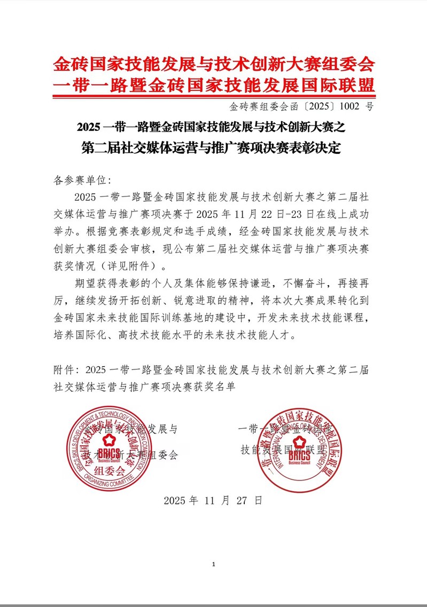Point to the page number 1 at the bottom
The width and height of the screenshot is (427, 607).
tap(213, 564)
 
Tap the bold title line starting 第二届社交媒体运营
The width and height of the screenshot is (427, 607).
tap(213, 147)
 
